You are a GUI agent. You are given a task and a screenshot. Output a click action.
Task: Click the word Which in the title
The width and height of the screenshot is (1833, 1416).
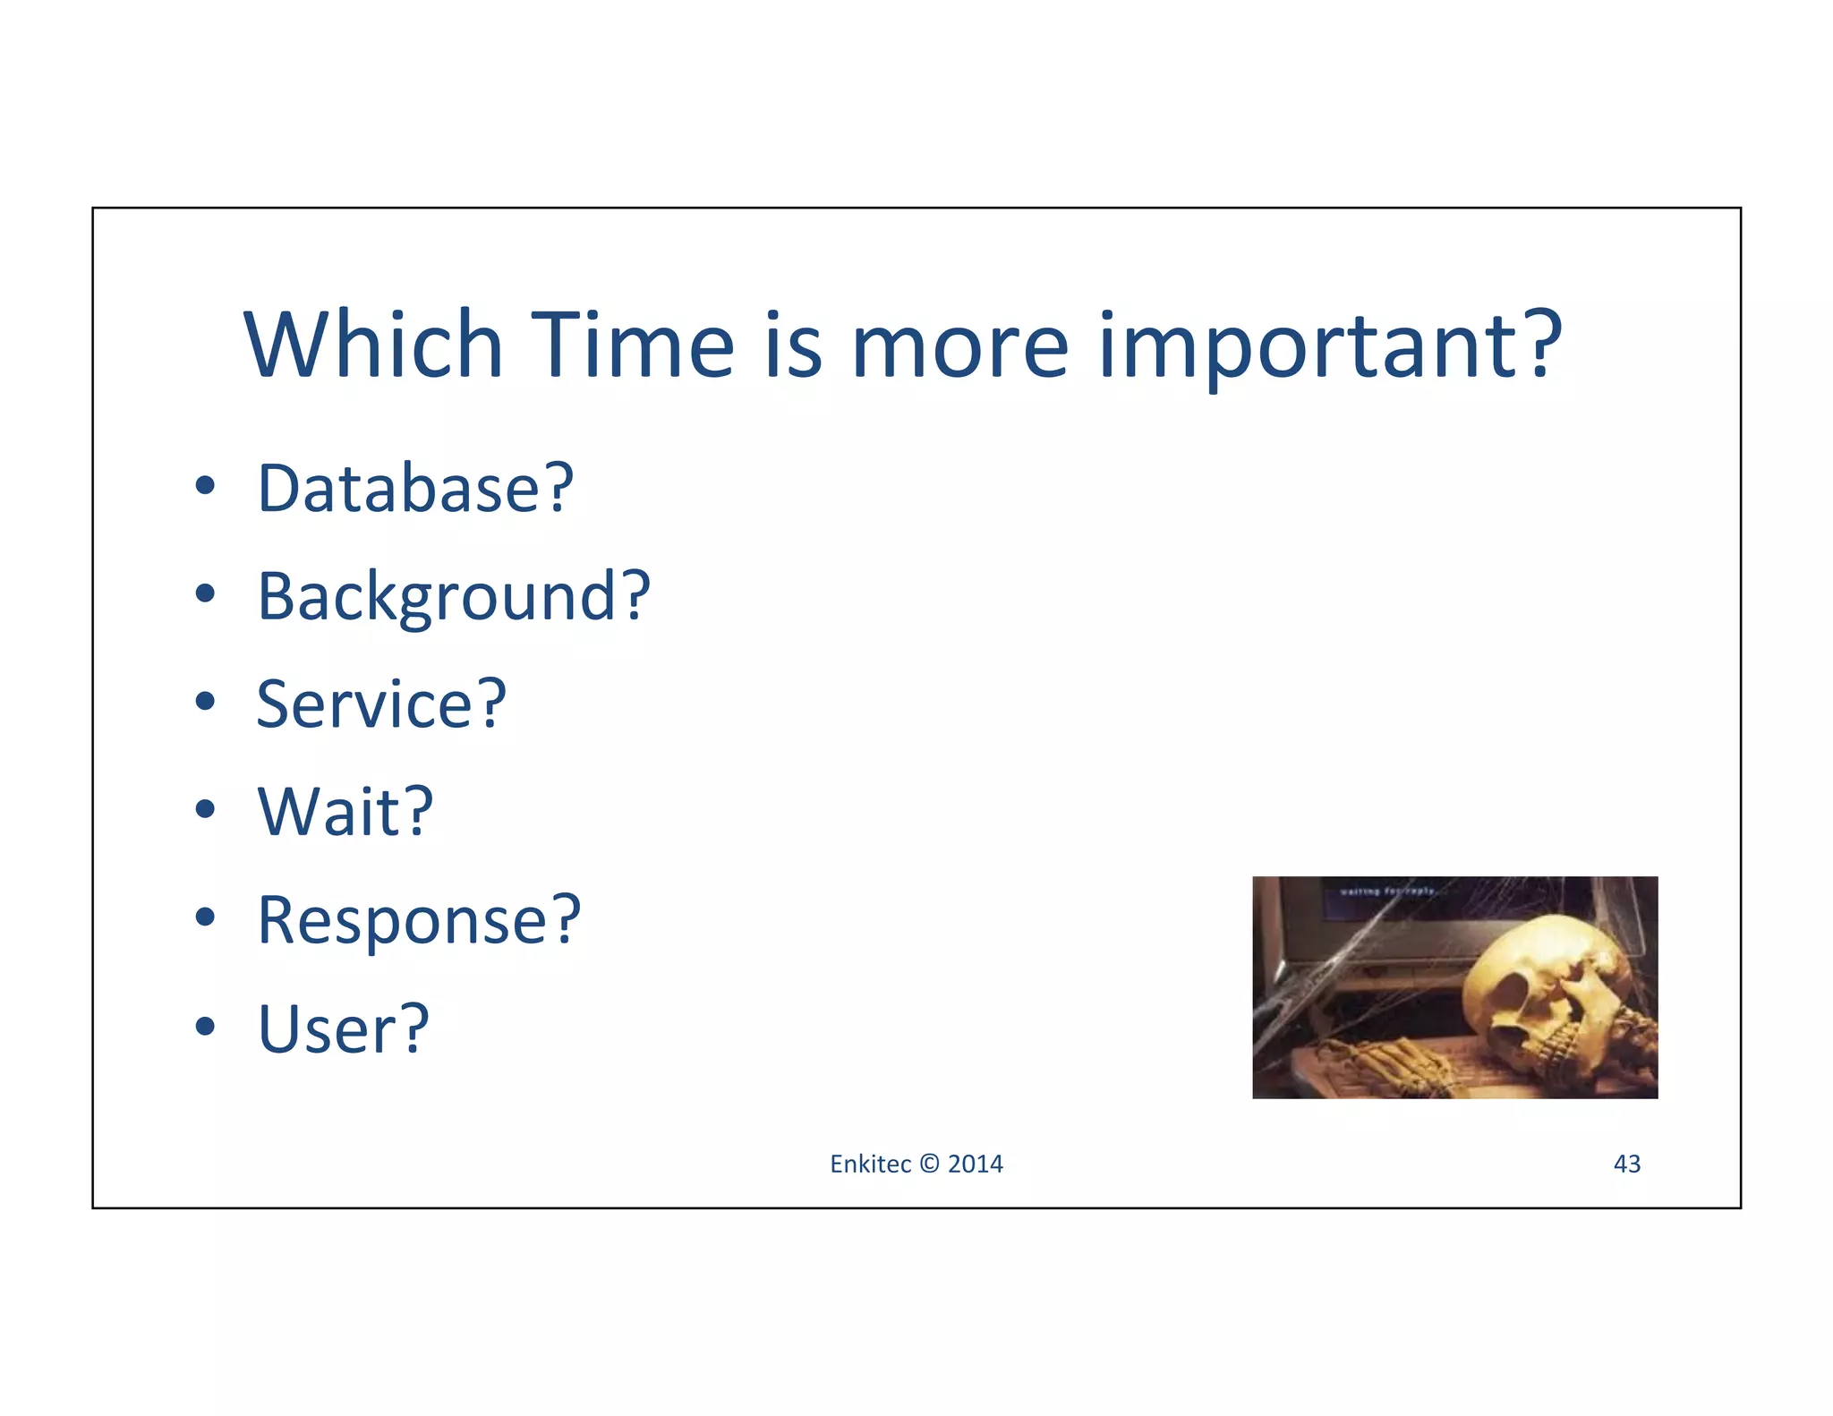tap(372, 345)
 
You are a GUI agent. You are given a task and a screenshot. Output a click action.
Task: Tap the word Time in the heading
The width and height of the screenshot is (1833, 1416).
tap(632, 345)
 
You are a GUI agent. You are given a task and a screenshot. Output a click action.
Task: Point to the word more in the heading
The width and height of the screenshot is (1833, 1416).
tap(959, 345)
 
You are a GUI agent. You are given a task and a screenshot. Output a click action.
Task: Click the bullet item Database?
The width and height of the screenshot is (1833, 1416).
tap(415, 489)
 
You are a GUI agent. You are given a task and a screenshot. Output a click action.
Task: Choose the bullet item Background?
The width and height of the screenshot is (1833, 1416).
tap(453, 596)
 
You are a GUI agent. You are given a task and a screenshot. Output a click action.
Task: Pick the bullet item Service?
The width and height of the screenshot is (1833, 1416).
tap(381, 704)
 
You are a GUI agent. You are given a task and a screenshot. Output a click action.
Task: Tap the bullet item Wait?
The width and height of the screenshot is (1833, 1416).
tap(345, 812)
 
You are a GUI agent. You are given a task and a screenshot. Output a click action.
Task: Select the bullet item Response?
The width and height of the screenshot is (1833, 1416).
tap(419, 920)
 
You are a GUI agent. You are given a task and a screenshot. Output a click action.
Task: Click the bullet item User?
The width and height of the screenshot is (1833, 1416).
tap(344, 1028)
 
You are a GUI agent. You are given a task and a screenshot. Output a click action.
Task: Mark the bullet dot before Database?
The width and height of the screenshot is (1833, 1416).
tap(205, 486)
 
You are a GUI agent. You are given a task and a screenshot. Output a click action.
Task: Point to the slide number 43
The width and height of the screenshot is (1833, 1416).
tap(1626, 1164)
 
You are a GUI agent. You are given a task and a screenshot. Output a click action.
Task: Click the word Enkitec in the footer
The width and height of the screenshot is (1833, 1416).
tap(870, 1164)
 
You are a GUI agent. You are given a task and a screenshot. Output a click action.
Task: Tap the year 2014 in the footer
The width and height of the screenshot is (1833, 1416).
tap(976, 1164)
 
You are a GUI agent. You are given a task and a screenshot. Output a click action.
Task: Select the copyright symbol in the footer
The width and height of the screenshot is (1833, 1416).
tap(929, 1164)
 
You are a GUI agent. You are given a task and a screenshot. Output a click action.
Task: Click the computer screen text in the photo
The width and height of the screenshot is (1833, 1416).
tap(1387, 891)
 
